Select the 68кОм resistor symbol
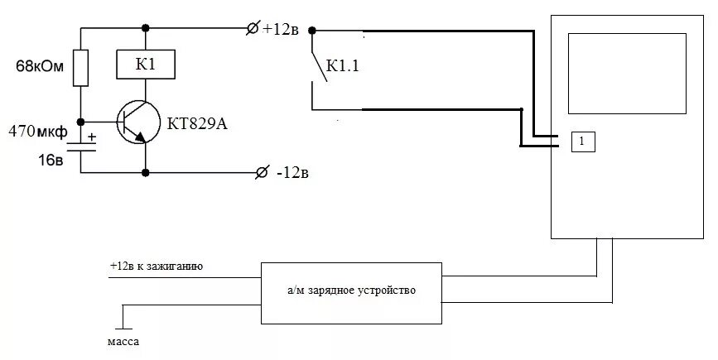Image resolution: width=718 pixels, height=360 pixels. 80,68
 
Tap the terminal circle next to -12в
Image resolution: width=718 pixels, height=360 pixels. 263,173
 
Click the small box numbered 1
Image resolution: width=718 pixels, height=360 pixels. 582,141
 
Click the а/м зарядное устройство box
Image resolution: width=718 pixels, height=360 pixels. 351,293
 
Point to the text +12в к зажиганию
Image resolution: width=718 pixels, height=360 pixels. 157,266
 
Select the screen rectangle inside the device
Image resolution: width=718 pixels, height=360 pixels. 626,74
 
